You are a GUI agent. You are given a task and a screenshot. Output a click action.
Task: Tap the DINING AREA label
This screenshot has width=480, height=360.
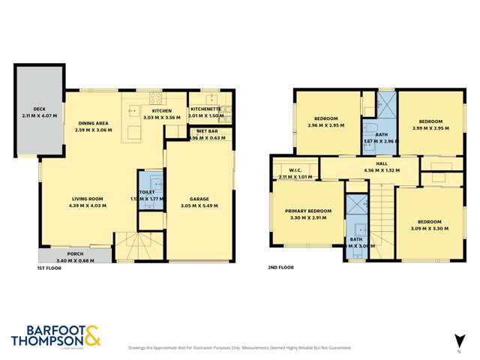point(93,124)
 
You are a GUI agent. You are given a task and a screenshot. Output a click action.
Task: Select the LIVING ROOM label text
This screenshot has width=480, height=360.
point(87,198)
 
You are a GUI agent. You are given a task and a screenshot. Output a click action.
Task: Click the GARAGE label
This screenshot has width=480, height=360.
point(199,198)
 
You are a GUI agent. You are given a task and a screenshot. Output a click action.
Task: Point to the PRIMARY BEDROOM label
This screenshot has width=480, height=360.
point(308,211)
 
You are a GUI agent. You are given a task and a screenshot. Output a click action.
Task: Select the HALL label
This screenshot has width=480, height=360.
point(381,163)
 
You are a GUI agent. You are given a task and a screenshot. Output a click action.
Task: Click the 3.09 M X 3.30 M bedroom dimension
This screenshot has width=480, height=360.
point(425,228)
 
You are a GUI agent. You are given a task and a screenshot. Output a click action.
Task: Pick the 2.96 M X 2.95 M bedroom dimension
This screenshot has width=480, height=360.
point(325,125)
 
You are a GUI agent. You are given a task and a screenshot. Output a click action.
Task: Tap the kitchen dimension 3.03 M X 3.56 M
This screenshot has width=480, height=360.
point(163,118)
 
